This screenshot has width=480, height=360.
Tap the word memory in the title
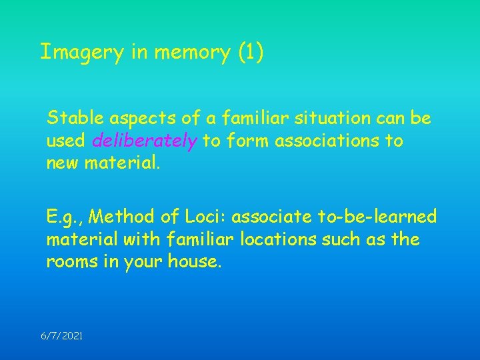click(193, 52)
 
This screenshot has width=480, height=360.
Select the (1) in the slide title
click(251, 52)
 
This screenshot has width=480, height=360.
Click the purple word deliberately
click(144, 141)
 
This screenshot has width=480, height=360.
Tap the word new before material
click(62, 163)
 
